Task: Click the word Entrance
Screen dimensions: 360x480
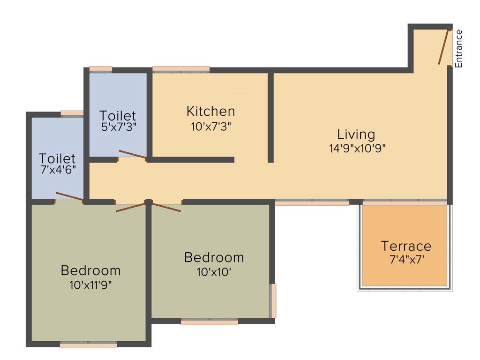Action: point(459,48)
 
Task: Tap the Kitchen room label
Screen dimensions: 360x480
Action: point(210,112)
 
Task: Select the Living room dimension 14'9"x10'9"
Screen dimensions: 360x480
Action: point(357,148)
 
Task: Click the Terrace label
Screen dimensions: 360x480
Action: point(406,246)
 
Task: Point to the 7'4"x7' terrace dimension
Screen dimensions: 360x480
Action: point(406,259)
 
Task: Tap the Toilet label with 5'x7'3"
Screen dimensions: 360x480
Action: point(118,115)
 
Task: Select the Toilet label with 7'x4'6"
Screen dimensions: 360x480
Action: point(57,158)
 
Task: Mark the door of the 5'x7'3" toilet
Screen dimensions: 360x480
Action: point(133,155)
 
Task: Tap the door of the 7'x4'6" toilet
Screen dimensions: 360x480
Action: point(69,197)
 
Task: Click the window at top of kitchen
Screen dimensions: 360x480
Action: point(181,69)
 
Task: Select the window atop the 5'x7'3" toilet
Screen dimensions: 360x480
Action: point(101,69)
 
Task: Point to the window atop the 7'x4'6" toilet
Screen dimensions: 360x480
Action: point(72,113)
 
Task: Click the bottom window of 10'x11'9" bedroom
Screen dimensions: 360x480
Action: point(88,345)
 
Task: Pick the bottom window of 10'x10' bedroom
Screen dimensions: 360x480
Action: point(209,322)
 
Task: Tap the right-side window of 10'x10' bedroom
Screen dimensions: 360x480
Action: point(273,300)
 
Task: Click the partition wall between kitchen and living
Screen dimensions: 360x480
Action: point(270,117)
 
